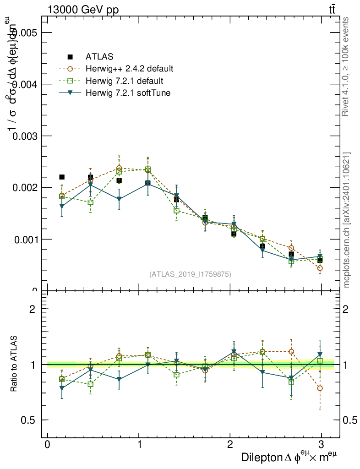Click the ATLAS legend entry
(x=99, y=57)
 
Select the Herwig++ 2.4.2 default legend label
(x=129, y=69)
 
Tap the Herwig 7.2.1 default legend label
(x=124, y=81)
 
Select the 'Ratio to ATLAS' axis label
(x=14, y=365)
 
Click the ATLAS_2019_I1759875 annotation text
(x=190, y=274)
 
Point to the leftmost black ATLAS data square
(x=62, y=177)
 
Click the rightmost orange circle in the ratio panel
(x=320, y=388)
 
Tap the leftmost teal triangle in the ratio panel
(x=62, y=388)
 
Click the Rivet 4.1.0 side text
(x=346, y=66)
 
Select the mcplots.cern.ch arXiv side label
(x=346, y=220)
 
